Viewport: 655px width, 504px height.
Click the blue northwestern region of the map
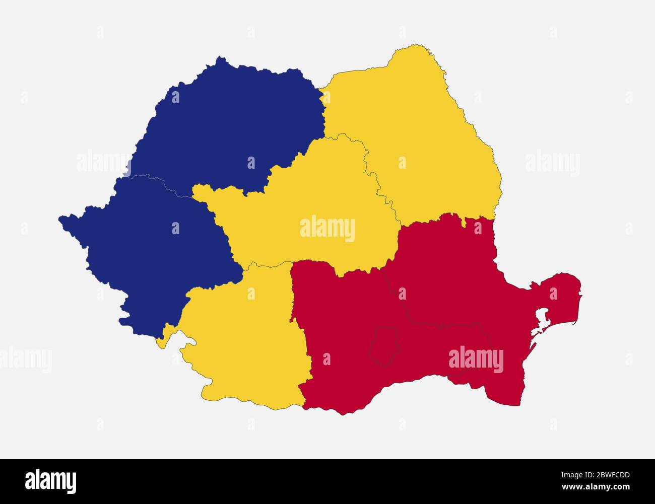[x=227, y=126]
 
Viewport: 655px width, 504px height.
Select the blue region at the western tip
[x=151, y=242]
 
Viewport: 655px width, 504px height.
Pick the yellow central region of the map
[x=302, y=201]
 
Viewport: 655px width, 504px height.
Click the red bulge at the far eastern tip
[x=564, y=292]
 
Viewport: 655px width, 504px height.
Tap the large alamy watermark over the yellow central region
[x=327, y=229]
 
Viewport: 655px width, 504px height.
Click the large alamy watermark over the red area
[x=476, y=359]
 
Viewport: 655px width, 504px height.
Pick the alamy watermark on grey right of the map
[x=552, y=163]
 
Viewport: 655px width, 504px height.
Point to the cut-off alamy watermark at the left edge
[x=25, y=359]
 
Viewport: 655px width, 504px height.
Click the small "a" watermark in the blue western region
[x=175, y=229]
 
